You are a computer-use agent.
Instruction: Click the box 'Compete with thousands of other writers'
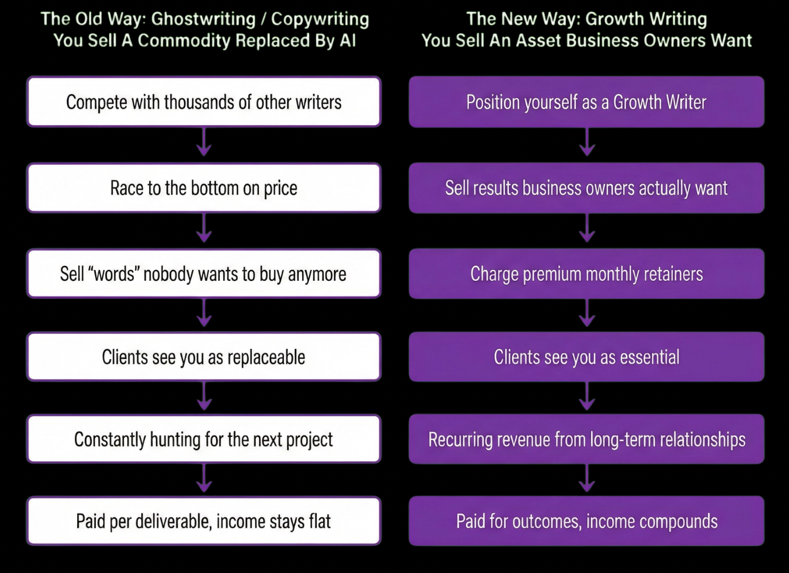203,102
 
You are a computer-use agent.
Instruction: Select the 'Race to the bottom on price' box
203,188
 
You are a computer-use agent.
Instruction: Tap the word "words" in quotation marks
114,274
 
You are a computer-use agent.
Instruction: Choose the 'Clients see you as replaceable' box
203,357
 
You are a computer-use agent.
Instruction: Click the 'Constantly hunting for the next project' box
203,440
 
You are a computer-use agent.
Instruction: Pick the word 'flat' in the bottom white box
320,521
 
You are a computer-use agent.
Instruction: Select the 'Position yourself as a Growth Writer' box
586,102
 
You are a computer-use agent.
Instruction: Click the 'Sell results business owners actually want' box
586,188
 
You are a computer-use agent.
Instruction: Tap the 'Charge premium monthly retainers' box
586,274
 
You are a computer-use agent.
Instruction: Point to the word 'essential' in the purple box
650,357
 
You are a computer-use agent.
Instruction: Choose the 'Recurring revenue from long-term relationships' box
586,440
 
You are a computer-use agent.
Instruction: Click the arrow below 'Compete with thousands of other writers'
204,144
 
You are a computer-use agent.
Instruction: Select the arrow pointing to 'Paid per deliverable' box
204,479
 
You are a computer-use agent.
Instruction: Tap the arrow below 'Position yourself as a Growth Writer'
587,144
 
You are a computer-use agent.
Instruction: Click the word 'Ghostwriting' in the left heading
203,19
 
